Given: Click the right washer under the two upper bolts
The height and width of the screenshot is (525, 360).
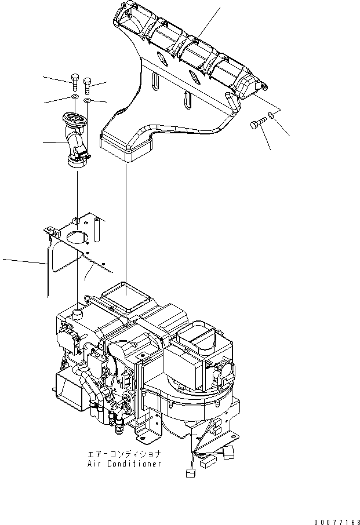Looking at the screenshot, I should click(86, 101).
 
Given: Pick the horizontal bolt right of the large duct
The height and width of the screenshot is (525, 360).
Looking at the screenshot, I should click(259, 123).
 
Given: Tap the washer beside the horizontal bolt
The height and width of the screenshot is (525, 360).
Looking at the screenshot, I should click(273, 116).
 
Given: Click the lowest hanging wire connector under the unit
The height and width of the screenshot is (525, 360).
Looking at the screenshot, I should click(189, 473).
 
